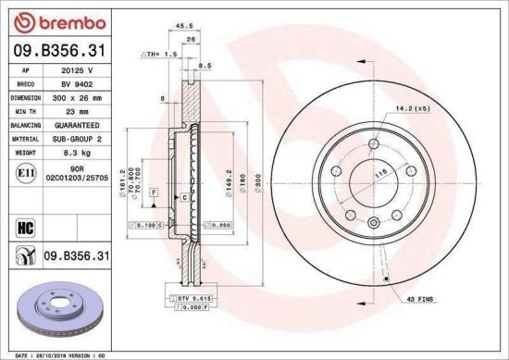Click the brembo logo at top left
pos(47,21)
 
